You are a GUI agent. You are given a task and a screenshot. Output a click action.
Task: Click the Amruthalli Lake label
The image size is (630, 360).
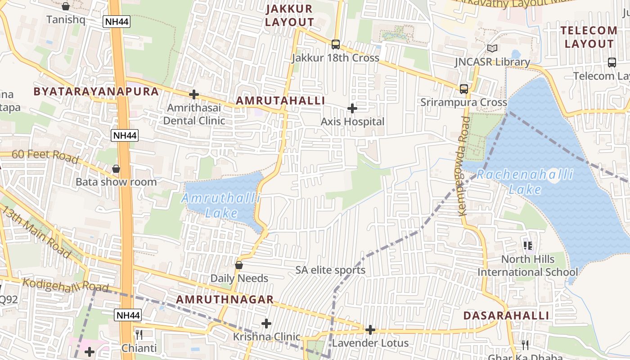coord(221,205)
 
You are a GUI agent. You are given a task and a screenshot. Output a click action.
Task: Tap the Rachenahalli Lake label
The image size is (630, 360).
coord(525,182)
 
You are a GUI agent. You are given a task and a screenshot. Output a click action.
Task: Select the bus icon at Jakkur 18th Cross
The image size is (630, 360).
coord(335,44)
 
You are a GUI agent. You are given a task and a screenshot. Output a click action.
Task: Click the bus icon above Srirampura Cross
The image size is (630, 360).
coord(463,89)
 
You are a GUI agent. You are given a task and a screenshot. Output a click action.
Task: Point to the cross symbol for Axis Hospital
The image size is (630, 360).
coord(352,108)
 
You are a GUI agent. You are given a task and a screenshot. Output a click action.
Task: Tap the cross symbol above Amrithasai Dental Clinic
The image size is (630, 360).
coord(194,94)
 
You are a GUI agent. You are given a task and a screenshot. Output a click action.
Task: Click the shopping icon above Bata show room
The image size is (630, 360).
coord(116,169)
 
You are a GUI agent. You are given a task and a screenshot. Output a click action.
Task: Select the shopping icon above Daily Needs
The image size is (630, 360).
coord(239,265)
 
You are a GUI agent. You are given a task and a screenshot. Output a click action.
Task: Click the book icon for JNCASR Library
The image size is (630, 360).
coord(492,48)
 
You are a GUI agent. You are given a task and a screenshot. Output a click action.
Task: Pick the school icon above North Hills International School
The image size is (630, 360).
coord(528,246)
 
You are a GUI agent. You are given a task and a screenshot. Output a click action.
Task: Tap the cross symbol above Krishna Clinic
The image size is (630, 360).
coord(266,323)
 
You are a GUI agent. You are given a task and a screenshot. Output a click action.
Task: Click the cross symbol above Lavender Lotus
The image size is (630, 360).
coord(370,330)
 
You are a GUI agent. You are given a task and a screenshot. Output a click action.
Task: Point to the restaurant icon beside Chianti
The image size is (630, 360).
coord(139,334)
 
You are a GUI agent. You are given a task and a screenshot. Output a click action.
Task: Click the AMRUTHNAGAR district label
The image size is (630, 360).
coord(225,300)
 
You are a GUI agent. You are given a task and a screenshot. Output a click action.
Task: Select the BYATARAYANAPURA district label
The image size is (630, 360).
coord(96,92)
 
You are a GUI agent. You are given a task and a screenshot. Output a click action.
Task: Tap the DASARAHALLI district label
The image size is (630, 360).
coord(506,315)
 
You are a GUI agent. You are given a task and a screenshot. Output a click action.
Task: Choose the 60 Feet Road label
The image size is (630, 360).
coord(45,156)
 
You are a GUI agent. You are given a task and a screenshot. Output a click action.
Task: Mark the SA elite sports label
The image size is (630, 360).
coord(330,270)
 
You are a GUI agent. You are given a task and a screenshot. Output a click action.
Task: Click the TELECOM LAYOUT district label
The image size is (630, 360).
coord(589,37)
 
